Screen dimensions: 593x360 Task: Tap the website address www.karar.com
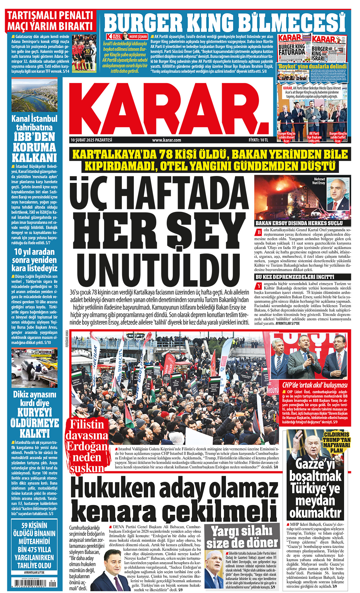pos(166,140)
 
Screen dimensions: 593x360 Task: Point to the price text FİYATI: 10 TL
pos(258,140)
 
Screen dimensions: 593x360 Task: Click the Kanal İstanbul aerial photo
pos(34,95)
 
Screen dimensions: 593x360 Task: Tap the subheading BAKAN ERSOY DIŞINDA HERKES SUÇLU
pos(299,223)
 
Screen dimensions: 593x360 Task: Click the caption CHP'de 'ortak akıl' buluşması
pos(315,385)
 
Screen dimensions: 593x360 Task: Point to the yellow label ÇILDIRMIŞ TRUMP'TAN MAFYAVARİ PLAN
pos(336,442)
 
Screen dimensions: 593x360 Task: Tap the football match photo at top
pos(84,53)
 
